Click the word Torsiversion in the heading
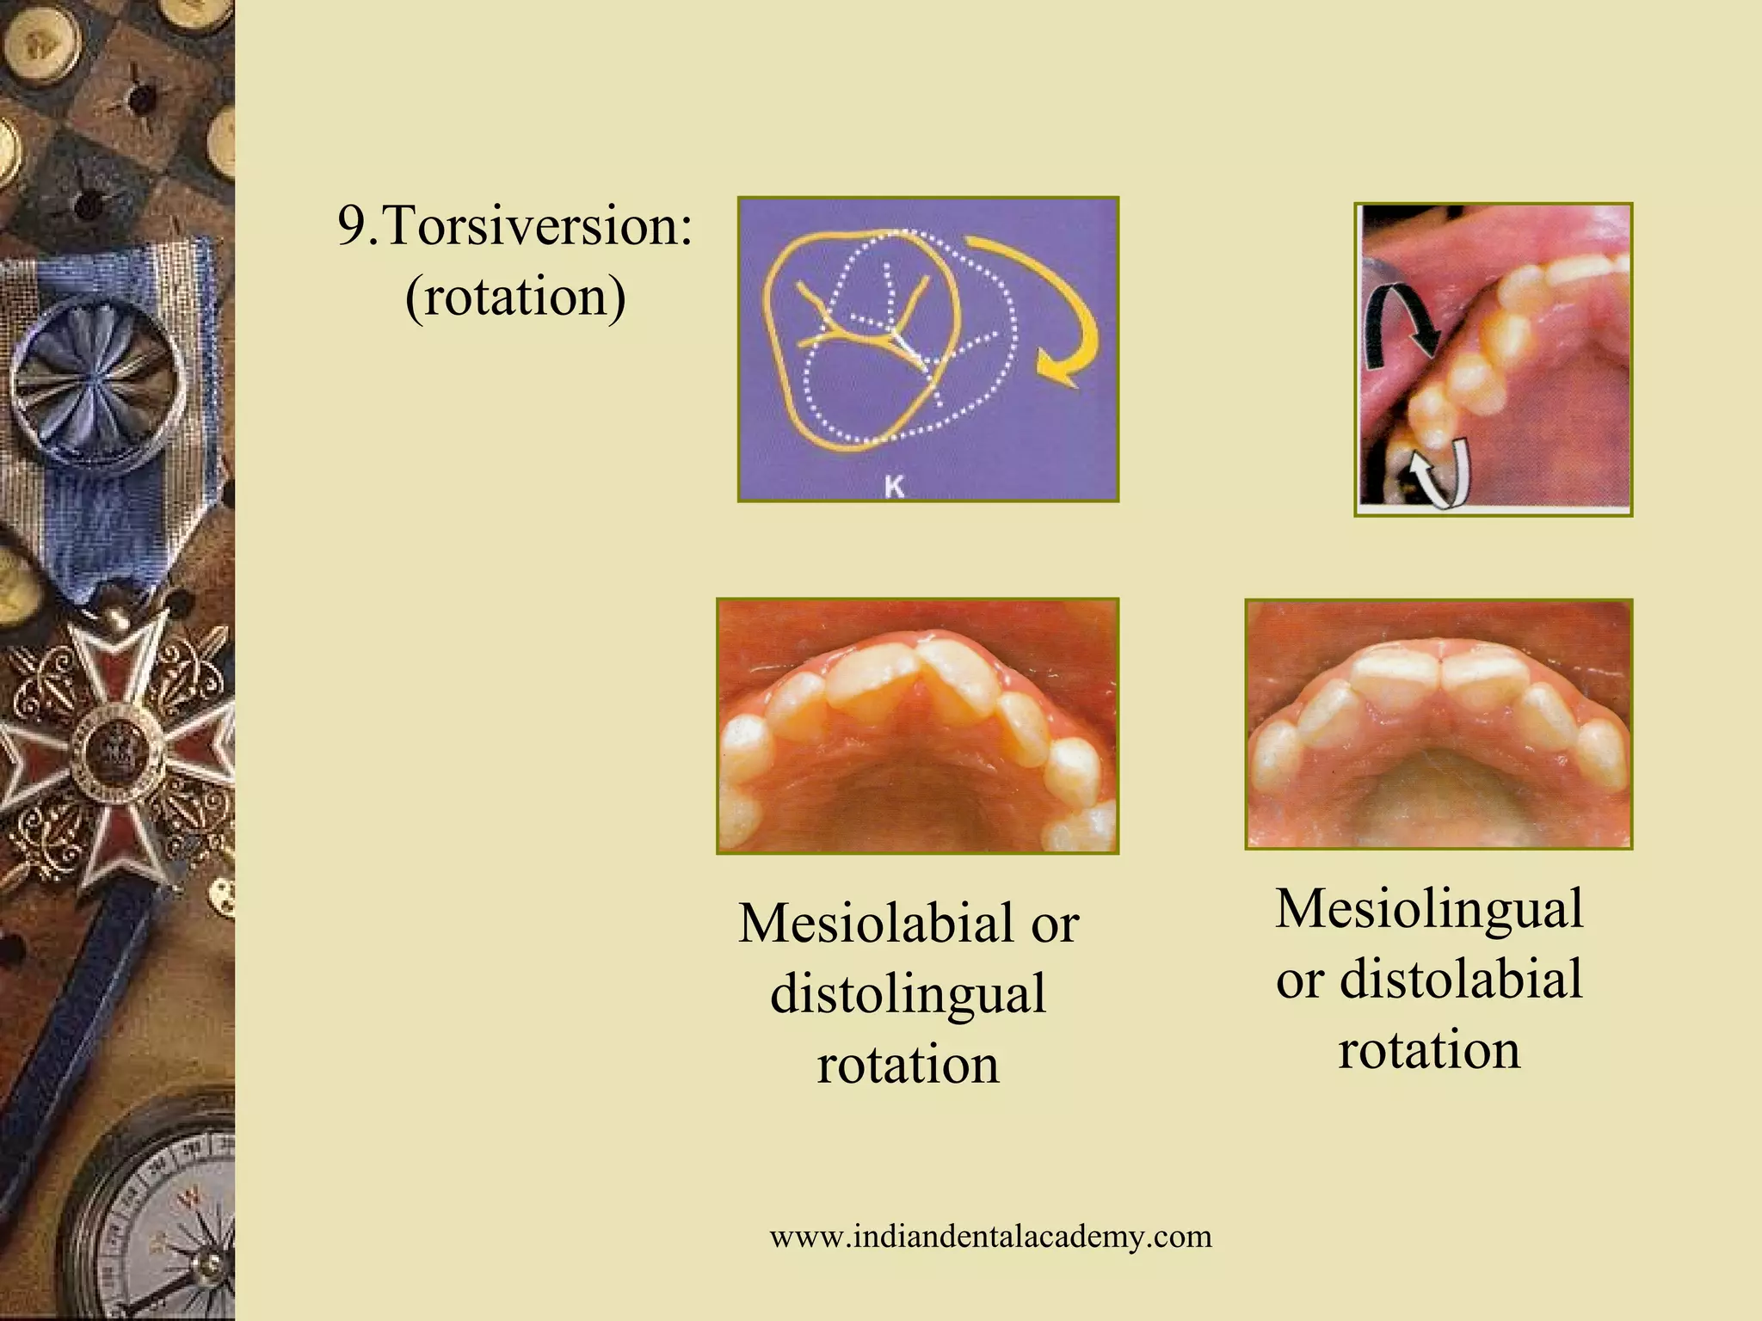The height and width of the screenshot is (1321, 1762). click(x=534, y=227)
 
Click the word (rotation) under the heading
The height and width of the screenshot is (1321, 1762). click(x=515, y=298)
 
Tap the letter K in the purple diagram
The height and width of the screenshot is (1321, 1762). click(x=894, y=488)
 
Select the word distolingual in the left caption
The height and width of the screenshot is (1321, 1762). click(x=908, y=994)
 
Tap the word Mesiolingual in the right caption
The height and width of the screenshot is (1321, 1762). click(x=1429, y=909)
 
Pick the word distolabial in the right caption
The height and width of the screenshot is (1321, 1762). click(x=1461, y=980)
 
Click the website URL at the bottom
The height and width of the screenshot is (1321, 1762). click(x=990, y=1237)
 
